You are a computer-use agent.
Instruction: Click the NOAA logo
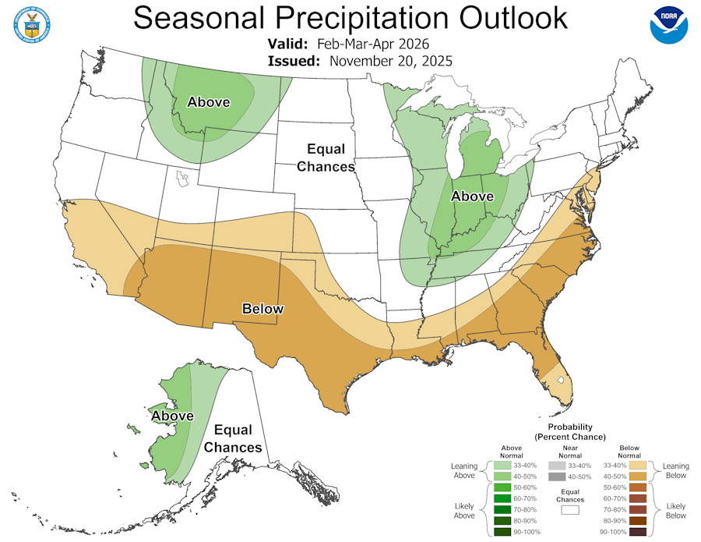pos(669,24)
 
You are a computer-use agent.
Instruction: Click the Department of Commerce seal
pos(31,24)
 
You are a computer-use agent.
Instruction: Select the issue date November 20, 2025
pos(391,60)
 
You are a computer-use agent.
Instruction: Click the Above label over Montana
pos(209,102)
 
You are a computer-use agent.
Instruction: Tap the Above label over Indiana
pos(472,196)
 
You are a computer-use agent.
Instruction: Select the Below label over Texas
pos(262,308)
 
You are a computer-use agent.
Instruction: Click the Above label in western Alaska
pos(172,416)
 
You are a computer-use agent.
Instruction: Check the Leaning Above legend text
pos(464,470)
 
